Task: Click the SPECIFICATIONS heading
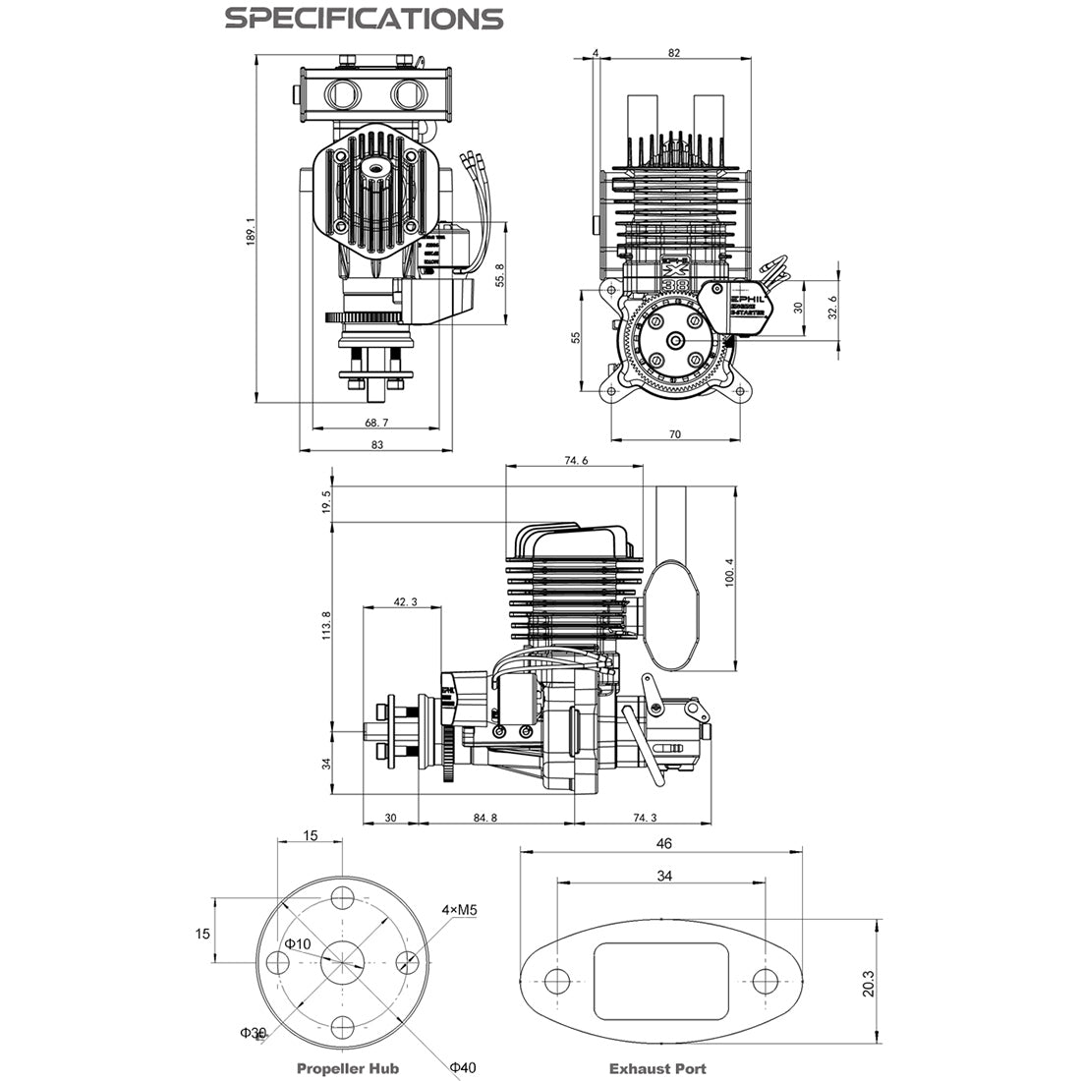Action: tap(364, 19)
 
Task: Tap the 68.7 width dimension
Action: tap(376, 422)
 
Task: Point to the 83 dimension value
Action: tap(376, 445)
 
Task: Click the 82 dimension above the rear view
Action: tap(673, 53)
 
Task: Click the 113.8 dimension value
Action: tap(326, 627)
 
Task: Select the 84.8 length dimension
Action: tap(484, 818)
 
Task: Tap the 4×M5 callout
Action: tap(459, 910)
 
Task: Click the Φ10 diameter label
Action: tap(298, 943)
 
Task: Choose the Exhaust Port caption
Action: tap(657, 1068)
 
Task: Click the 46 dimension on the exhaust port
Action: tap(663, 843)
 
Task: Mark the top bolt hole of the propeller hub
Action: tap(342, 898)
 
